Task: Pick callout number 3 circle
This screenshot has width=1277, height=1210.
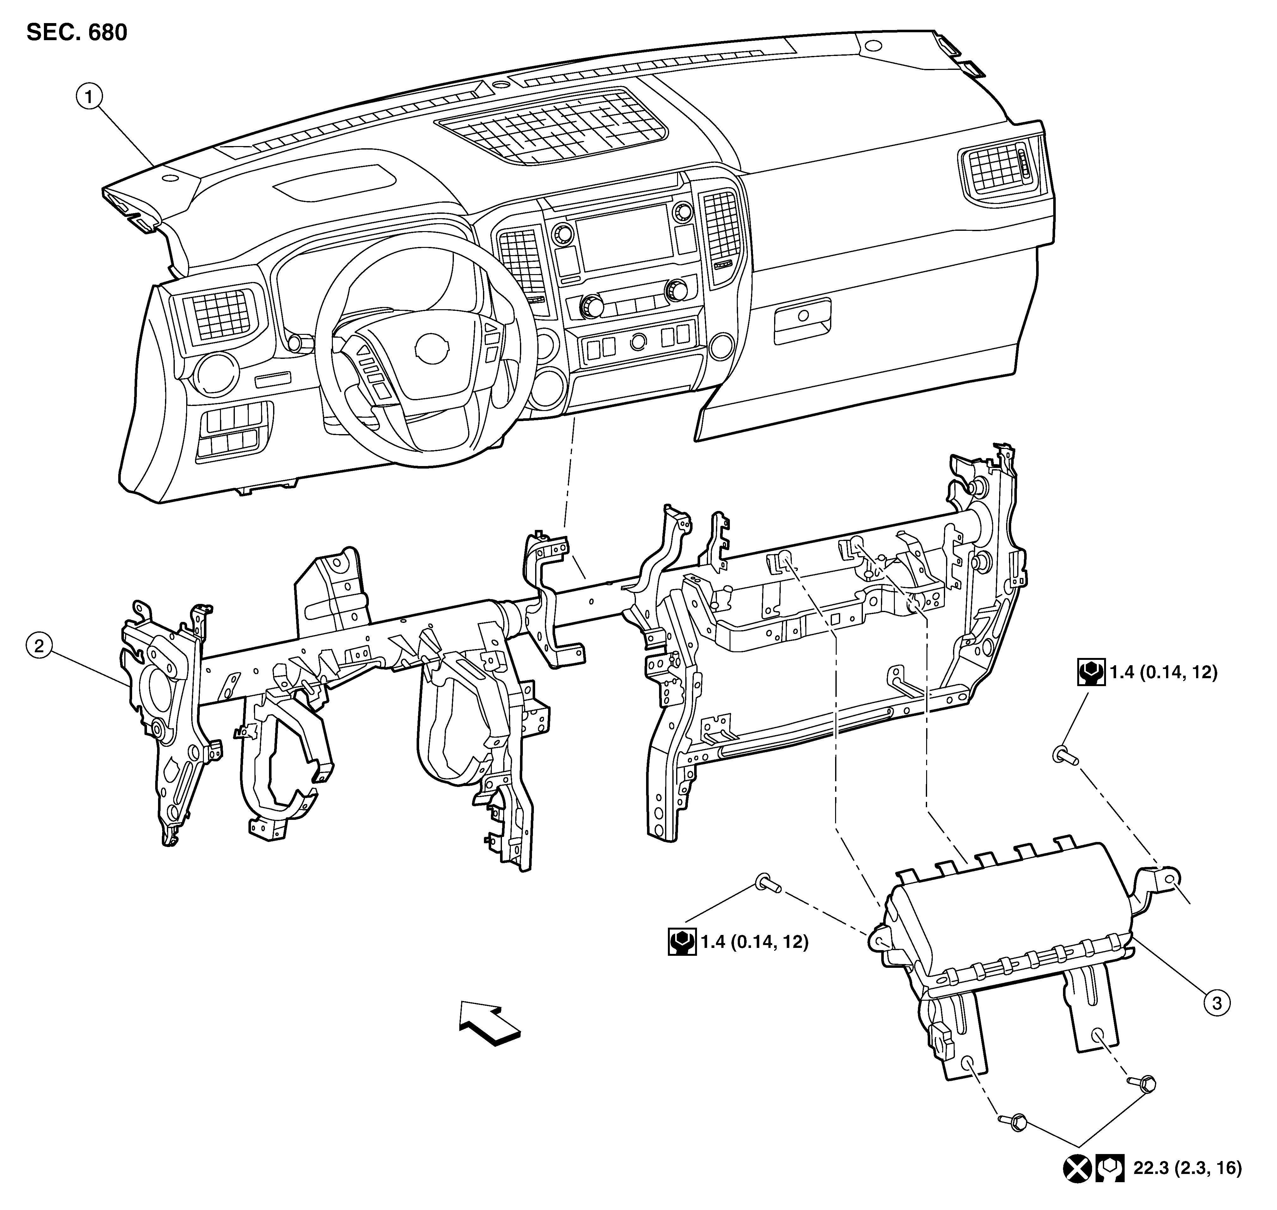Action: coord(1216,1003)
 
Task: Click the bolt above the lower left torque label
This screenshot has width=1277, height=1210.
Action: coord(767,882)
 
